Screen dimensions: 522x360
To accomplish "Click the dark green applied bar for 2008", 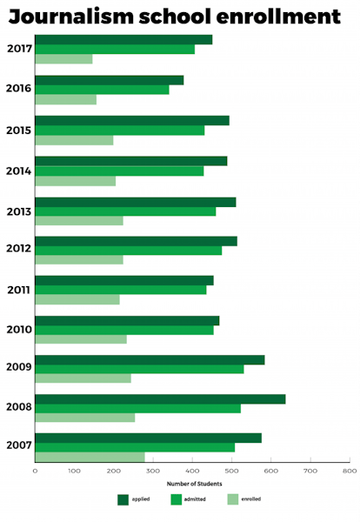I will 160,399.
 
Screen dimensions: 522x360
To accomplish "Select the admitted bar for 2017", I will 115,50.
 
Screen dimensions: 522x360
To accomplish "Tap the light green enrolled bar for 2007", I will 90,457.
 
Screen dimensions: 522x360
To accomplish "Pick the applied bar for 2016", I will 109,80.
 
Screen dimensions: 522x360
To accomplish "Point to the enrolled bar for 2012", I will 78,259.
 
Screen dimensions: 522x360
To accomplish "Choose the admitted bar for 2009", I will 139,369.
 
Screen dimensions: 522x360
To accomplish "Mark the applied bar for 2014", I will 130,161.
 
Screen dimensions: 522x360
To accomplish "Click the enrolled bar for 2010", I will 80,339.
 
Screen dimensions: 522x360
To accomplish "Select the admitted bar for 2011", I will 120,290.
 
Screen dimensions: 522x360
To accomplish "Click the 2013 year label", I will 18,211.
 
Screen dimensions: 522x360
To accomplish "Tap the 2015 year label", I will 18,130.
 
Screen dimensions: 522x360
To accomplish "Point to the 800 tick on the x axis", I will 348,471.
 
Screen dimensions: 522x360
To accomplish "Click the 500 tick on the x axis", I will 230,471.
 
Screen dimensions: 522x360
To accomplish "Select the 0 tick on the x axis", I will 35,471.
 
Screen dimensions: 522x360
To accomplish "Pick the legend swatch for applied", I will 123,499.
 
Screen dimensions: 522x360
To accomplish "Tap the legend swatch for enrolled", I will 232,499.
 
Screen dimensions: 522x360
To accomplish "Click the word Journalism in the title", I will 78,17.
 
